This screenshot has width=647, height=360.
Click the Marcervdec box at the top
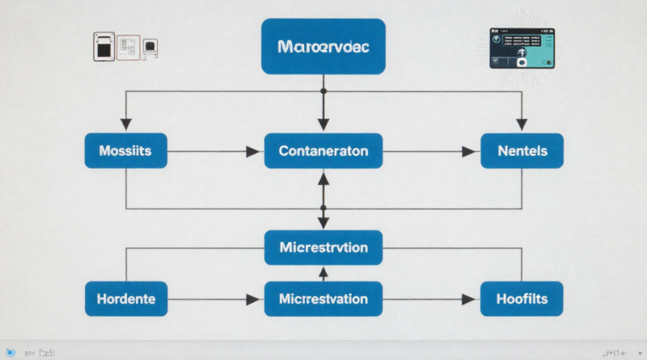(323, 48)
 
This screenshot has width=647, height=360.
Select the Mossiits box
(125, 150)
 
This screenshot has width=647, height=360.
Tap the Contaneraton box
(323, 150)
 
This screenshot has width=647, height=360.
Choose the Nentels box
(522, 150)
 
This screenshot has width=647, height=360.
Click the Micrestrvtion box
(323, 247)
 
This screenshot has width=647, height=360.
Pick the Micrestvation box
(323, 299)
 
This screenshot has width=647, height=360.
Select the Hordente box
(125, 299)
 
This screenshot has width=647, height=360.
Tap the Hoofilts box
(522, 299)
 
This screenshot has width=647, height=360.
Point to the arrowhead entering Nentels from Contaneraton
(468, 151)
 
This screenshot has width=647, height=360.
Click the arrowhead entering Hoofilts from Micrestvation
(468, 299)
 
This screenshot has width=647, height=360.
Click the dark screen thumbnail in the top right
(522, 48)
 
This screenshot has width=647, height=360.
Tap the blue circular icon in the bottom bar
(11, 353)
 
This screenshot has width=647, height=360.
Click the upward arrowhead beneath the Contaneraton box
(323, 178)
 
